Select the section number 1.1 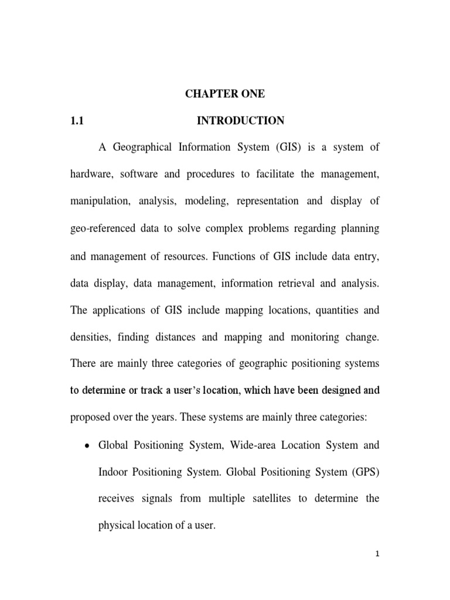(x=79, y=121)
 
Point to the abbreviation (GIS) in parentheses (x=284, y=148)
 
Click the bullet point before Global (x=87, y=446)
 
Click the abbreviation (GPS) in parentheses (x=365, y=472)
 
